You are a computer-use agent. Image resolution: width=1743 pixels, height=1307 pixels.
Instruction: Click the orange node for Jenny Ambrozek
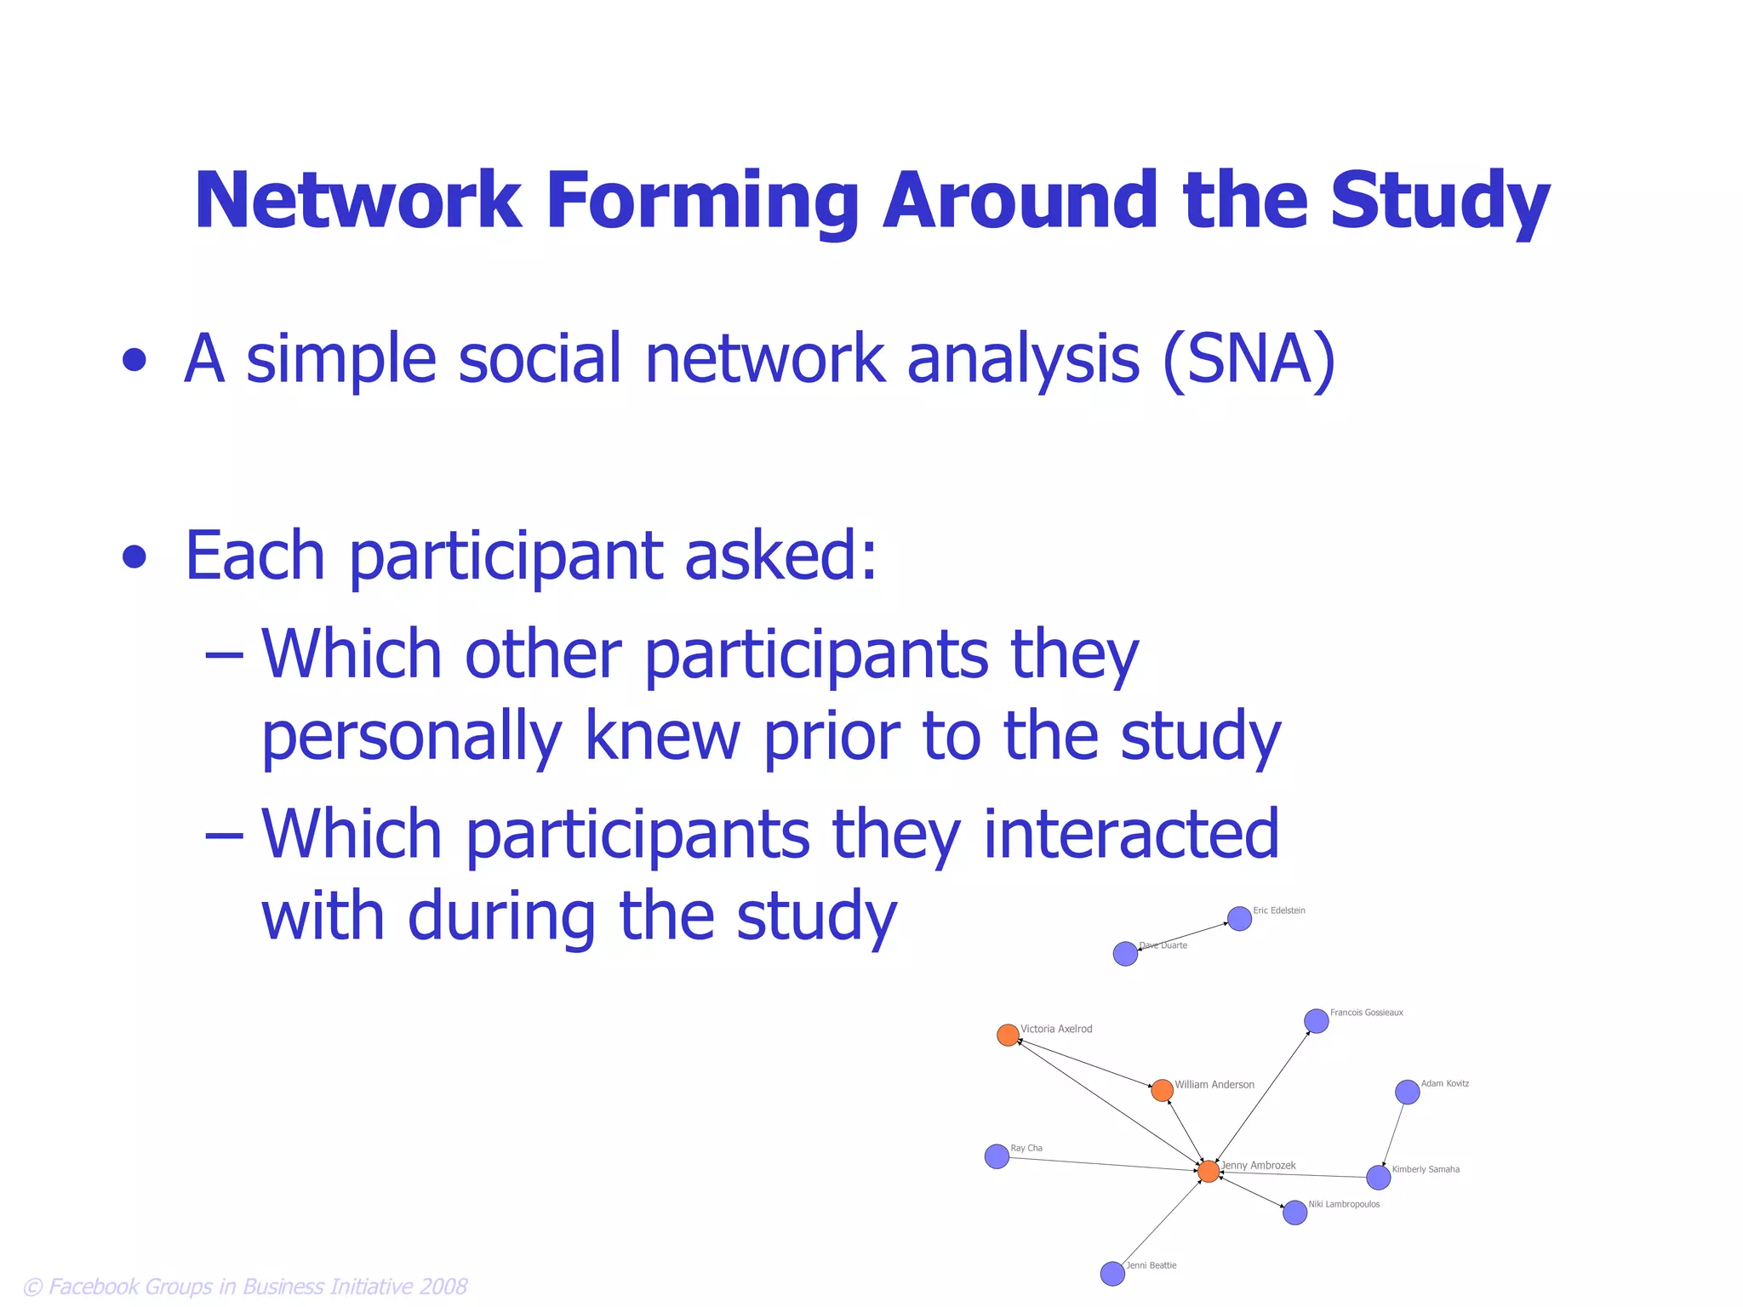1208,1172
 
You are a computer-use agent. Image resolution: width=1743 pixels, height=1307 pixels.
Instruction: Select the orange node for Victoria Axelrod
1008,1035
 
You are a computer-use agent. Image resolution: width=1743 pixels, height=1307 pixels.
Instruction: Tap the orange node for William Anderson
1162,1090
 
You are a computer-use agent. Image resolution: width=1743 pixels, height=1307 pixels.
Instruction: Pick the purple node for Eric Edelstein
1239,919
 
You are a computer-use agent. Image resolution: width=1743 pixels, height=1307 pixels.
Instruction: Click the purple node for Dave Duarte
1125,954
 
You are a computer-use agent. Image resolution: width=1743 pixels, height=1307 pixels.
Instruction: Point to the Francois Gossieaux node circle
1316,1020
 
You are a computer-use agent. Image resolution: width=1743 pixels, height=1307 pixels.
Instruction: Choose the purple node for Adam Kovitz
1407,1092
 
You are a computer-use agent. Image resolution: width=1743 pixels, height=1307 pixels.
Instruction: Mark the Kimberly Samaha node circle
1378,1178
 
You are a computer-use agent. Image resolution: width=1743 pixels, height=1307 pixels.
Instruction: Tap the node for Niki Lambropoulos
1294,1213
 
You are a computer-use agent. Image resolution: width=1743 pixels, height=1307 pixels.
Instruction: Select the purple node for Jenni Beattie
1112,1274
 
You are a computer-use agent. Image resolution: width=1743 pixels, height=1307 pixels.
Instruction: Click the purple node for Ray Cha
997,1156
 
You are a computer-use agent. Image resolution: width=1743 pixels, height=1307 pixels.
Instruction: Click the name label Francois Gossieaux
1366,1013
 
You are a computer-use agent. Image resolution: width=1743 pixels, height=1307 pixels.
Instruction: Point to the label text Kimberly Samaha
1426,1169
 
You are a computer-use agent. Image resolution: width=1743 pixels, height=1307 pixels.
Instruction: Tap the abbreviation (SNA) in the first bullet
1249,359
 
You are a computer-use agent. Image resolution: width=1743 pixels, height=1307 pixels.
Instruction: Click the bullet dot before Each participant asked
134,557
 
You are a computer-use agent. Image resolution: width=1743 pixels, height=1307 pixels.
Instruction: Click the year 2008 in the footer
443,1287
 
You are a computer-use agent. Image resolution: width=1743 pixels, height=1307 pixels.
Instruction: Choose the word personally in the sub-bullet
412,737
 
